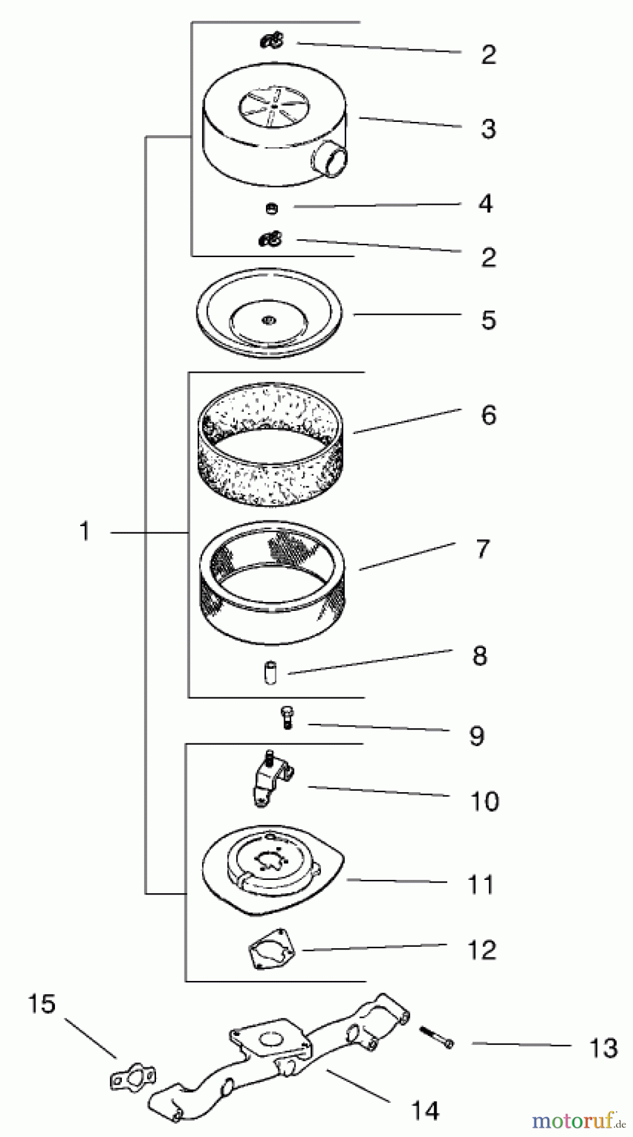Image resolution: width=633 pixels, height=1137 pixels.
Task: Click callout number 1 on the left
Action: (85, 532)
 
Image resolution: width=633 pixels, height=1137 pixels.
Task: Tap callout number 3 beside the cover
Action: (488, 129)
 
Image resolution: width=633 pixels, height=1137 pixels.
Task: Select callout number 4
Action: (485, 204)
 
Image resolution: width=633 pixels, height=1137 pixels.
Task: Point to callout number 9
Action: (477, 736)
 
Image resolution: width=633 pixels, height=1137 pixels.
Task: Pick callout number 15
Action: (42, 1004)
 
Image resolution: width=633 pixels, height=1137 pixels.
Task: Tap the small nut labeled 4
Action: (272, 208)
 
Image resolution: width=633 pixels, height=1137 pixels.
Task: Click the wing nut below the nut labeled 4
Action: (270, 239)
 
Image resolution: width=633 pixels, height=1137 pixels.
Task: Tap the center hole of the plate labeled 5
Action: (268, 321)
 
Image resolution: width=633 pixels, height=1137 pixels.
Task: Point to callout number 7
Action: (483, 549)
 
